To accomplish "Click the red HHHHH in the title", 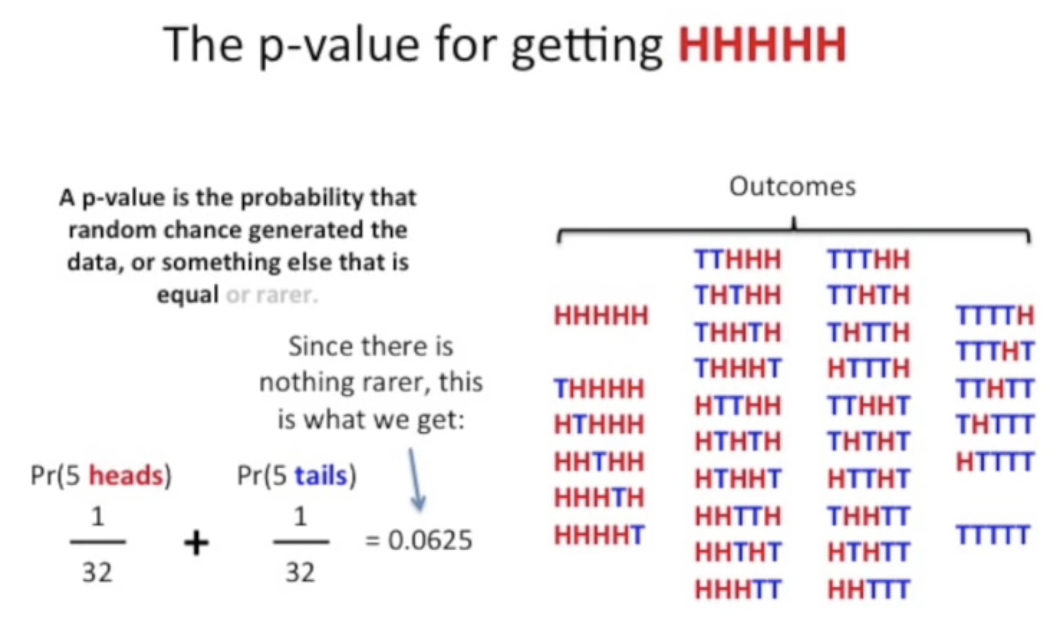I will (762, 45).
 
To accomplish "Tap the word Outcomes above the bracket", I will (792, 186).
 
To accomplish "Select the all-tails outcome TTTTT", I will (993, 535).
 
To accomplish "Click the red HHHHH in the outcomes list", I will (600, 315).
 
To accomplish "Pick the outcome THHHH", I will (598, 389).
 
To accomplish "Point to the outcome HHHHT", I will (598, 535).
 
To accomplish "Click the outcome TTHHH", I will (737, 259).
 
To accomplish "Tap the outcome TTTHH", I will (868, 259).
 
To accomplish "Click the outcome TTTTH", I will (995, 315).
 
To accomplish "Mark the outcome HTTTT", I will (995, 461).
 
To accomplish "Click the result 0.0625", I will (430, 541).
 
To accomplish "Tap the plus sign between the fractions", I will (196, 544).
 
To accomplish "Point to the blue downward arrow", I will (415, 480).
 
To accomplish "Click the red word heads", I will (125, 476).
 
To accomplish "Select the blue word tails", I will (321, 476).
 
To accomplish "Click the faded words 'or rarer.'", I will (271, 295).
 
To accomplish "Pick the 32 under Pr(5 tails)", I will (300, 572).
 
